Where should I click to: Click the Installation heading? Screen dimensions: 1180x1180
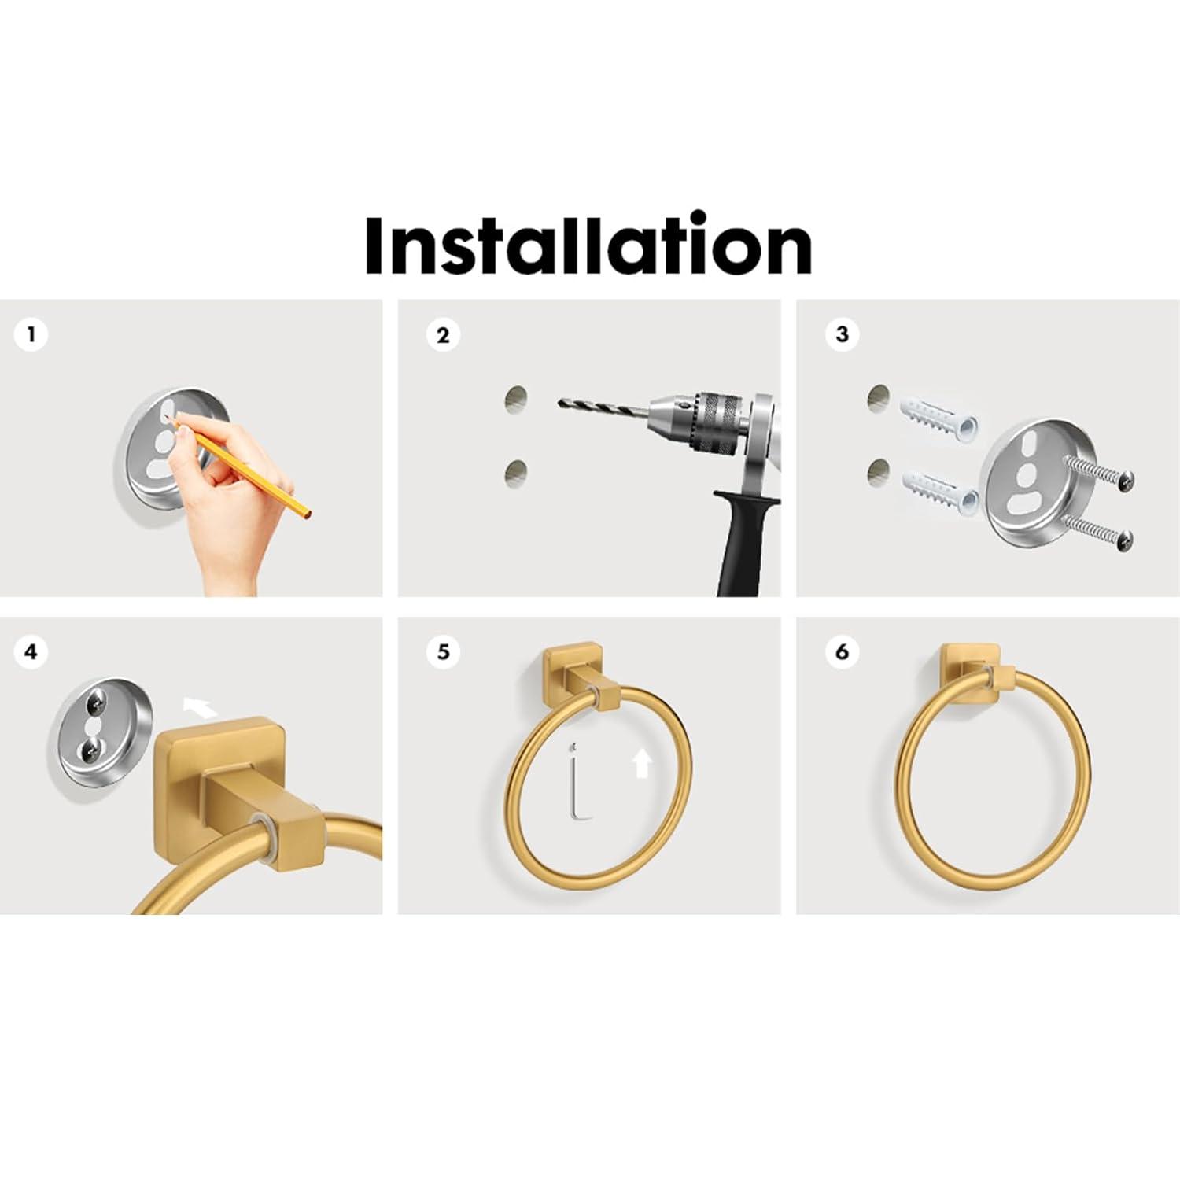[x=588, y=244]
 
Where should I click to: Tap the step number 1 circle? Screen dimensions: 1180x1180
[x=31, y=334]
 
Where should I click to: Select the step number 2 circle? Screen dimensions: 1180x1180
[x=443, y=335]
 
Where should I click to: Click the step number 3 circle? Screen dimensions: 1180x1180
[x=842, y=334]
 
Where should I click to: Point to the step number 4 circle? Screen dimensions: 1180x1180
[x=31, y=652]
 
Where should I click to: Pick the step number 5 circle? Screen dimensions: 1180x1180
[x=443, y=652]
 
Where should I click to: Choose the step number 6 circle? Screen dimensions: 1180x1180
[x=842, y=652]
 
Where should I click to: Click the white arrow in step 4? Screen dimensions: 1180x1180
[x=200, y=707]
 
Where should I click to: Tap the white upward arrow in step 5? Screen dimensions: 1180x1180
[x=643, y=763]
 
